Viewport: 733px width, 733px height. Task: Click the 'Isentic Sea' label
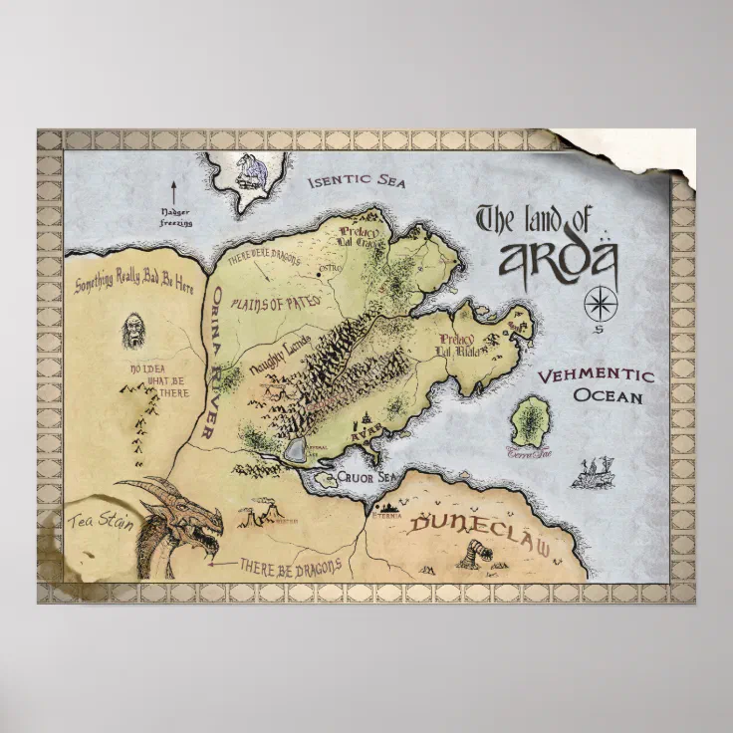tap(356, 181)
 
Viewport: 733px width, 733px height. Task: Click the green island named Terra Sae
tap(532, 422)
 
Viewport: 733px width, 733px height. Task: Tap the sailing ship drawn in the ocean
tap(593, 472)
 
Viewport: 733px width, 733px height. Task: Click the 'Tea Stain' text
tap(100, 521)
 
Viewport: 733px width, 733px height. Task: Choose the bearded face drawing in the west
tap(132, 331)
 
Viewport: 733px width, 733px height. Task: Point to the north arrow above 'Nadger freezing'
tap(173, 191)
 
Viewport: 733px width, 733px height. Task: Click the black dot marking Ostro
tap(319, 271)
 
